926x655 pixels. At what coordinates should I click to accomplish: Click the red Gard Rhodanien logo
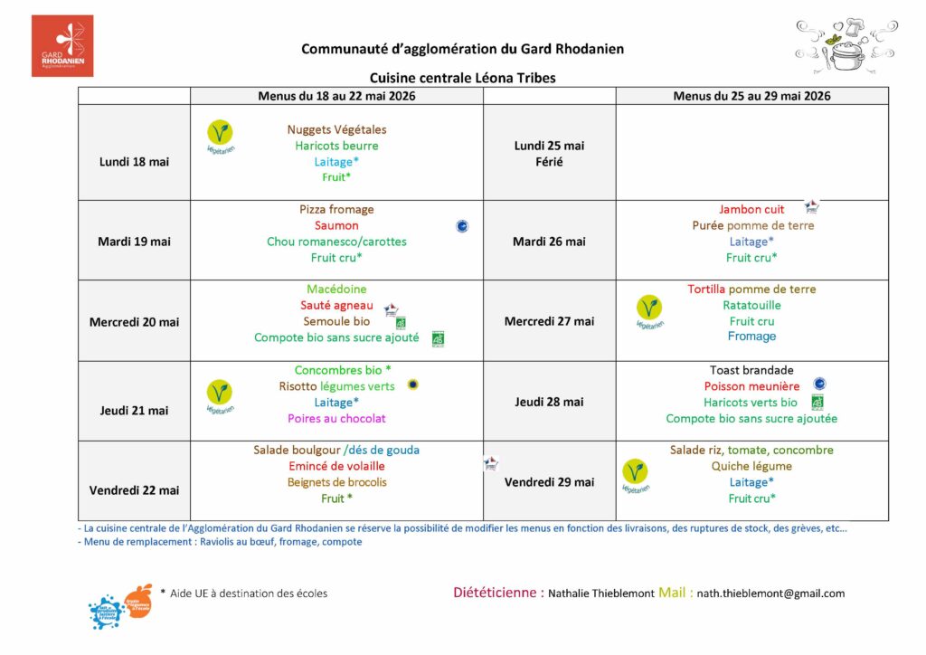(62, 45)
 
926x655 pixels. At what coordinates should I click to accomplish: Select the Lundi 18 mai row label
(134, 162)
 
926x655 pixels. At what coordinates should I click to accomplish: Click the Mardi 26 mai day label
(549, 242)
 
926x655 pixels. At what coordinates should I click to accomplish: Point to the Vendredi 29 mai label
(549, 482)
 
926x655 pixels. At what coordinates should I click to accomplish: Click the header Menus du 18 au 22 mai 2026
(336, 96)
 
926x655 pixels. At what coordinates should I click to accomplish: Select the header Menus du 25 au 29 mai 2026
(751, 96)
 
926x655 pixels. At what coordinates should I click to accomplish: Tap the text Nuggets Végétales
(336, 129)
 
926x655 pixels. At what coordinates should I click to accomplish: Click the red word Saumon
(336, 225)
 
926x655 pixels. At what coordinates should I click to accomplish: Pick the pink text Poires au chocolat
(336, 419)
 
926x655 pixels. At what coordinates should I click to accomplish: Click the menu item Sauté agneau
(336, 305)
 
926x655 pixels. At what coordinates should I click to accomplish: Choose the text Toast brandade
(751, 370)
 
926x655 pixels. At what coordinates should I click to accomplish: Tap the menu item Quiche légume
(751, 466)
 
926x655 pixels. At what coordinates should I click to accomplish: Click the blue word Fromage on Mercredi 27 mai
(751, 337)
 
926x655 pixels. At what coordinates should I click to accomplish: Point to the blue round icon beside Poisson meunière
(819, 384)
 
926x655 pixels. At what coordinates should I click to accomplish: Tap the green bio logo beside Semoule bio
(401, 322)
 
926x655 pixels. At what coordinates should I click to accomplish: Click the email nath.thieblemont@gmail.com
(770, 593)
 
